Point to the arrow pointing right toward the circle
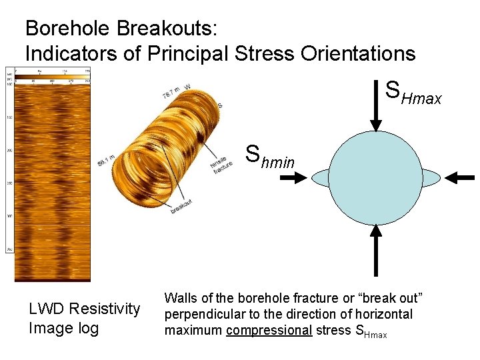(293, 177)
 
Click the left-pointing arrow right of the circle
(459, 177)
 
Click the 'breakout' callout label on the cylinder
(181, 207)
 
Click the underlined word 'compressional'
(269, 330)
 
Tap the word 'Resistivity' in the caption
(105, 309)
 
